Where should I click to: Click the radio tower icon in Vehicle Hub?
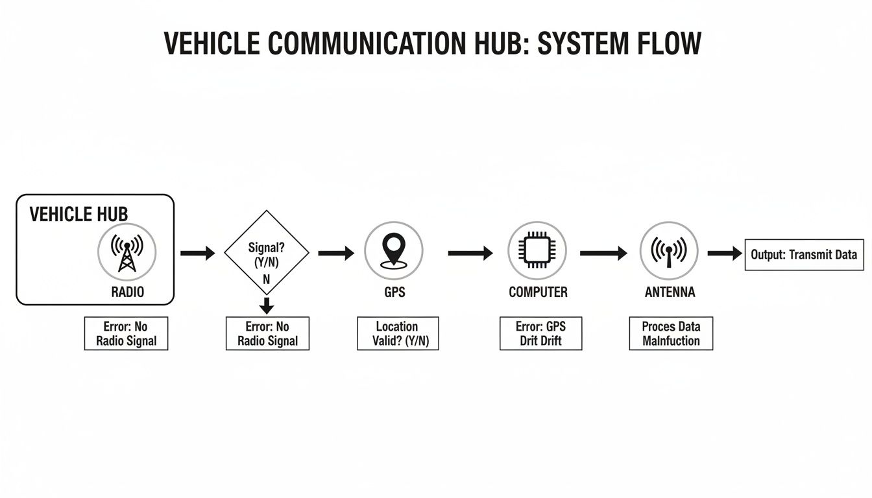pos(127,252)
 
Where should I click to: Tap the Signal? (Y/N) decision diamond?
pos(266,253)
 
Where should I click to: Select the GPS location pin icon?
pos(394,250)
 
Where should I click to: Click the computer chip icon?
pos(537,250)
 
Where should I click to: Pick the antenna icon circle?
pos(669,250)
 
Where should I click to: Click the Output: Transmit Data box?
pos(804,255)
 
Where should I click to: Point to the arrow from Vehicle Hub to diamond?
pos(197,253)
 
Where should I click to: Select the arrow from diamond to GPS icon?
pos(335,253)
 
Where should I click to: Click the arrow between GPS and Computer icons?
pos(470,253)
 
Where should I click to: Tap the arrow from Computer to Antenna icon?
pos(603,253)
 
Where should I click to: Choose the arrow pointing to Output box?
pos(724,254)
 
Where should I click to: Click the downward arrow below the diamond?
pos(267,305)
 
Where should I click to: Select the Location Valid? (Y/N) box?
pos(398,333)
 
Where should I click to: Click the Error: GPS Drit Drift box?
pos(540,333)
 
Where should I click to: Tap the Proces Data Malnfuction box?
pos(671,333)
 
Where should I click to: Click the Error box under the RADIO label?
pos(126,333)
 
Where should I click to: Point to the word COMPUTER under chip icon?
pos(538,292)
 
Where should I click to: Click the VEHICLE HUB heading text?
pos(79,215)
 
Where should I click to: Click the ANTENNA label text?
pos(670,292)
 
